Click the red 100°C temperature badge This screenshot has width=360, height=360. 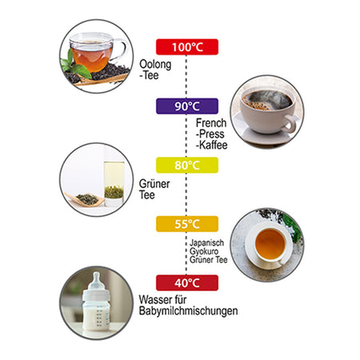click(187, 47)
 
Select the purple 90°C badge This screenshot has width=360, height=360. click(187, 106)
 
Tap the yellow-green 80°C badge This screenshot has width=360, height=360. click(187, 165)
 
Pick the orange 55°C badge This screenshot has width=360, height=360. click(187, 224)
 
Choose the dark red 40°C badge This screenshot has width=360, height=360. click(187, 283)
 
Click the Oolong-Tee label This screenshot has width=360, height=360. click(155, 70)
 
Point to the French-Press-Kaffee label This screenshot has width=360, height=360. click(211, 134)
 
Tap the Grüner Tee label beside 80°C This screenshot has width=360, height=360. click(154, 190)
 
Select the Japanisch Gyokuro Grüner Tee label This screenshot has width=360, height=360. click(208, 251)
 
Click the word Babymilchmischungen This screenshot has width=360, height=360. click(188, 311)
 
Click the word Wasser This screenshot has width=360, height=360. click(155, 299)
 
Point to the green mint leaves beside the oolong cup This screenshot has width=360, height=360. click(74, 66)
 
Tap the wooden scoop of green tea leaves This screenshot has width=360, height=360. click(85, 199)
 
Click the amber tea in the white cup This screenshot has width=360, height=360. click(270, 244)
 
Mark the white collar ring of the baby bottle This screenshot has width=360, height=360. click(96, 294)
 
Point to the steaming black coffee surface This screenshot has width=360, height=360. click(267, 100)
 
